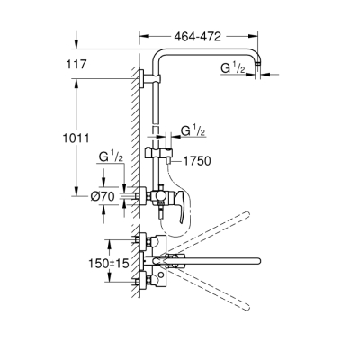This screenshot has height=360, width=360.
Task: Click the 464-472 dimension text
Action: tap(198, 37)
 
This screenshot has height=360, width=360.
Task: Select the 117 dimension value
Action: tap(76, 64)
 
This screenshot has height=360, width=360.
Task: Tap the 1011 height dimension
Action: tap(76, 139)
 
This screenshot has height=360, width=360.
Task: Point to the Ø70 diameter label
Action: tap(103, 197)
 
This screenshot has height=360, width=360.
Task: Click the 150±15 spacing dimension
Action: tap(109, 264)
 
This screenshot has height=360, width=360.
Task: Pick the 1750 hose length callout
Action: tap(197, 161)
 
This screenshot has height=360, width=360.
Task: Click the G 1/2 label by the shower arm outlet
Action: tap(233, 68)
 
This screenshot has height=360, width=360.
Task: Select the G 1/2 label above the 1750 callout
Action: tap(193, 131)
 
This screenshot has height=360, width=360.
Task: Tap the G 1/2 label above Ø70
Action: tap(111, 157)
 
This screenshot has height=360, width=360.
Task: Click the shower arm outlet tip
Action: tap(258, 64)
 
